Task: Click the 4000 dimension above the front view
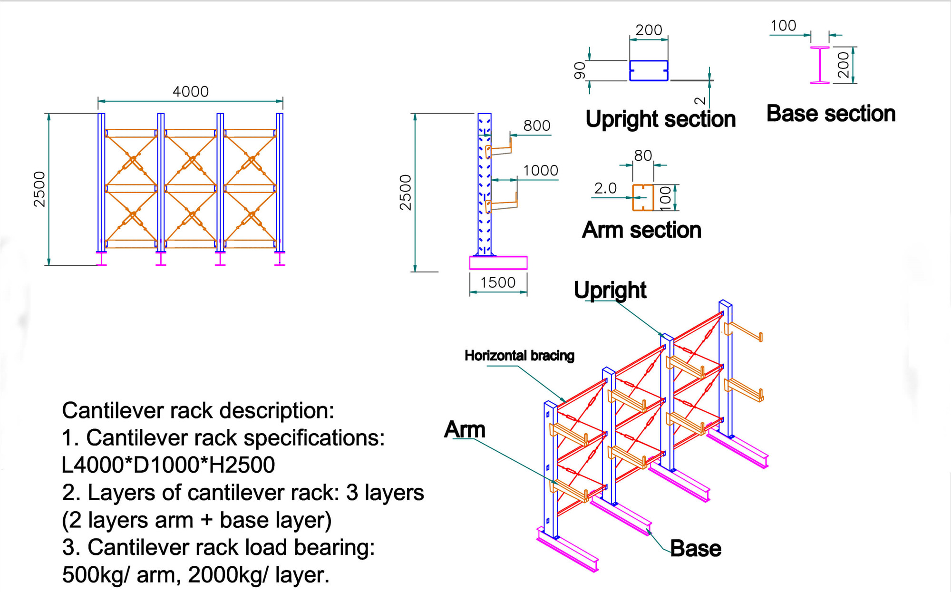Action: tap(190, 91)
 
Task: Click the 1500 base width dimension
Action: tap(498, 282)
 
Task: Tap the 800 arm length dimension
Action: tap(536, 126)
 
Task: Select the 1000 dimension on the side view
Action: tap(540, 170)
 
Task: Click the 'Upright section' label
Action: tap(660, 119)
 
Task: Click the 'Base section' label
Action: tap(831, 114)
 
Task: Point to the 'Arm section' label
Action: tap(641, 230)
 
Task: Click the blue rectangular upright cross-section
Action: tap(649, 70)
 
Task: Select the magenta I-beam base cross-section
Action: tap(820, 65)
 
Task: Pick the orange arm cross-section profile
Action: tap(643, 198)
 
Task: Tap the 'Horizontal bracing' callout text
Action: tap(519, 356)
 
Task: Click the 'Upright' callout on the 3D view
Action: tap(610, 290)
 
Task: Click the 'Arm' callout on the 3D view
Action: tap(465, 430)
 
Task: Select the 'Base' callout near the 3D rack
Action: tap(695, 549)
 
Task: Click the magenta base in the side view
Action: tap(498, 263)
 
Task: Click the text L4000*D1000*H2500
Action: tap(168, 465)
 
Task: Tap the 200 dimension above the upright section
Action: tap(649, 30)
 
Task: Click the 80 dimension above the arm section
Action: tap(643, 155)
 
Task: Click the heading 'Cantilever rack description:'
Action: tap(198, 410)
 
